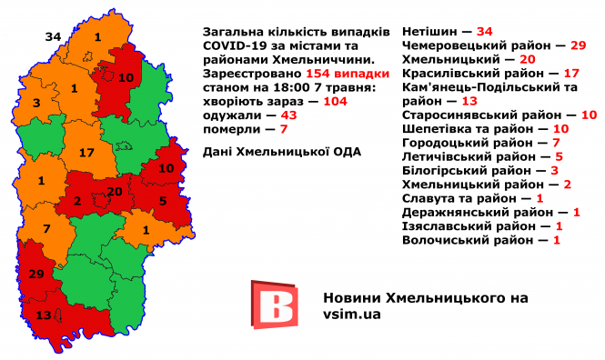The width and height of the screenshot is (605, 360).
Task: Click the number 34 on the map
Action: pos(53,36)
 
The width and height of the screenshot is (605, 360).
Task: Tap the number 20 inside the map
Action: pos(115,191)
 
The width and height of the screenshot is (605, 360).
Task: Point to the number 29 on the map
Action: pos(36,274)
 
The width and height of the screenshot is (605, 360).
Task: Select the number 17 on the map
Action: pos(87,153)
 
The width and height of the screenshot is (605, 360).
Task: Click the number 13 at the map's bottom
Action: pos(43,315)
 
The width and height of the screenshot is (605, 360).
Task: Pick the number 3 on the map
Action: pos(35,105)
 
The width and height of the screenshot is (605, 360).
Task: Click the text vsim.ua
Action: pos(352,314)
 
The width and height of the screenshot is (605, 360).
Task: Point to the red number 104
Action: pos(337,101)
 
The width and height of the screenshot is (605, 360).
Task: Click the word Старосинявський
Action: pos(461,115)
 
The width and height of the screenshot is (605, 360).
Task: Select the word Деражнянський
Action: pos(450,213)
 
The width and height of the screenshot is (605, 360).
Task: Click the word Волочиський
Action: pos(443,241)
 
